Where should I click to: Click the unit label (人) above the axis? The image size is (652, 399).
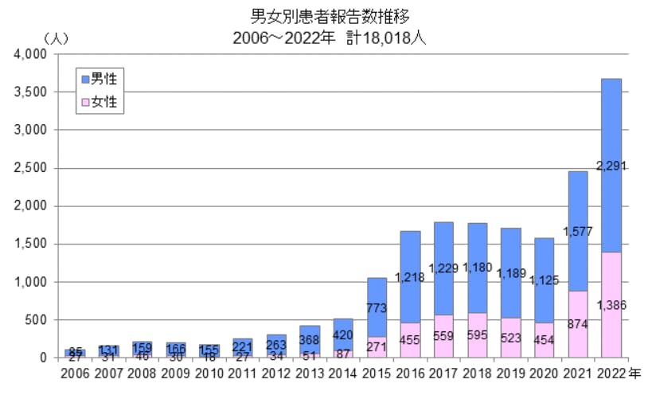(57, 37)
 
